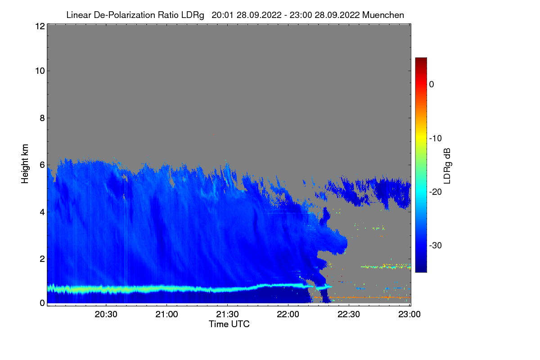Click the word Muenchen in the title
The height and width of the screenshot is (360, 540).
coord(383,15)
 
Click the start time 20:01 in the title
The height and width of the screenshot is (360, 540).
coord(220,15)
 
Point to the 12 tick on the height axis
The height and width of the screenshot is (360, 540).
coord(39,26)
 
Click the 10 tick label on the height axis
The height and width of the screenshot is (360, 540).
coord(39,71)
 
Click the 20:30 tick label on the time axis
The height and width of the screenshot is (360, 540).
coord(106,315)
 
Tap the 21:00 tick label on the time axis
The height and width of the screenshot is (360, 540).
coord(166,315)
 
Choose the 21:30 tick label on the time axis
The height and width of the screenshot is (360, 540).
coord(227,315)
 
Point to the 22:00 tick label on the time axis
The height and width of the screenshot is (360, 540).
coord(288,315)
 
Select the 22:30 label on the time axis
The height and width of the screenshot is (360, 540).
coord(349,315)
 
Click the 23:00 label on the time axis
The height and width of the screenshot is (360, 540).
coord(409,315)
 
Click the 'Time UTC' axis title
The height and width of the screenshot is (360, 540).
coord(229,324)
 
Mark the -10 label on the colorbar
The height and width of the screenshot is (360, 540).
coord(435,138)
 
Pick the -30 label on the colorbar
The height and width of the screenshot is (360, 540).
coord(435,246)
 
